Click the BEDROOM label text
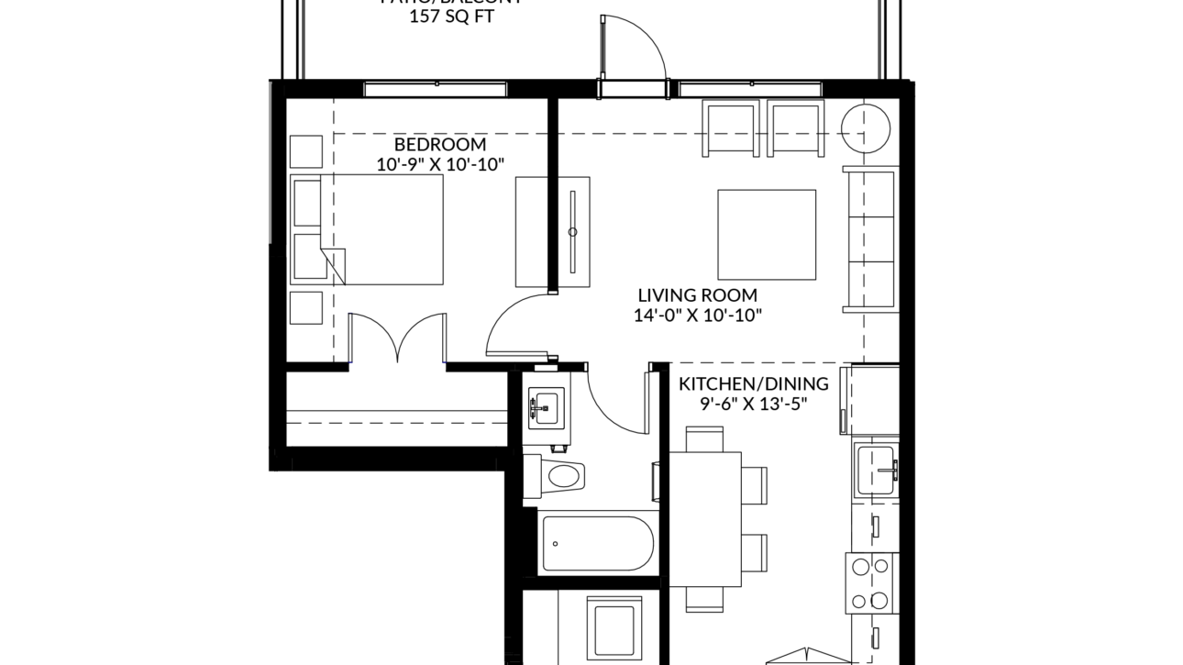pyautogui.click(x=440, y=145)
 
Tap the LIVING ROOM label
pyautogui.click(x=698, y=295)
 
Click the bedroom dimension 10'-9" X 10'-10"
pyautogui.click(x=441, y=165)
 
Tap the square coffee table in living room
pyautogui.click(x=767, y=234)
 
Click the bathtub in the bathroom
pyautogui.click(x=597, y=543)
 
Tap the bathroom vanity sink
pyautogui.click(x=547, y=405)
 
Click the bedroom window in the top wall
pyautogui.click(x=436, y=89)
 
